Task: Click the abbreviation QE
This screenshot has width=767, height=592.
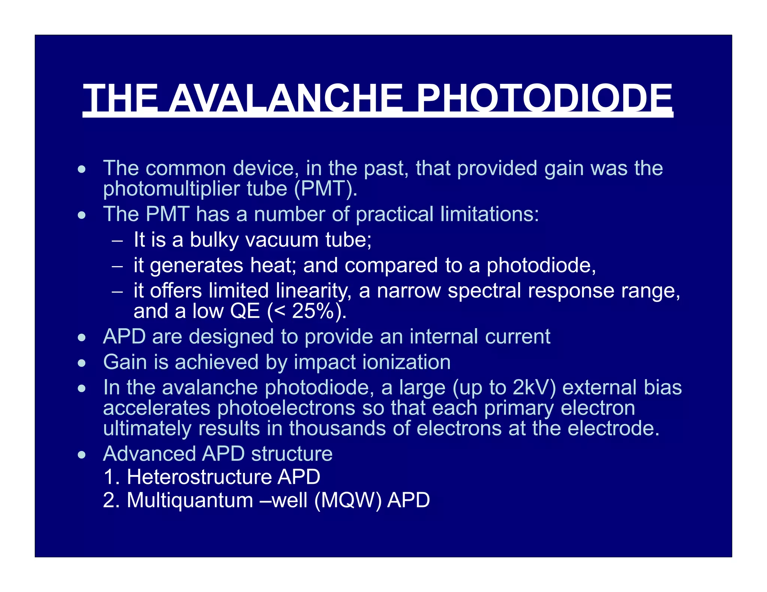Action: click(245, 311)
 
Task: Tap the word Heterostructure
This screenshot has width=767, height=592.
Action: click(199, 477)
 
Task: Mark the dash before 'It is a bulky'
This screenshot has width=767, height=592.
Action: click(117, 241)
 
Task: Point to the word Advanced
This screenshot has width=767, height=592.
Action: click(149, 454)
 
